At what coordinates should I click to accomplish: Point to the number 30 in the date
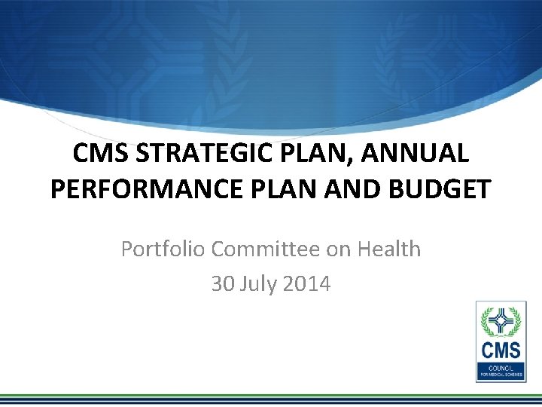pos(223,284)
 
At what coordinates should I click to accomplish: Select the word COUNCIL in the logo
pos(500,364)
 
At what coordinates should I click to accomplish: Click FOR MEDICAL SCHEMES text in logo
pos(500,371)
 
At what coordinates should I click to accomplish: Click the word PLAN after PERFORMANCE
pos(283,188)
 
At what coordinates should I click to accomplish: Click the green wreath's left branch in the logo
pos(486,321)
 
